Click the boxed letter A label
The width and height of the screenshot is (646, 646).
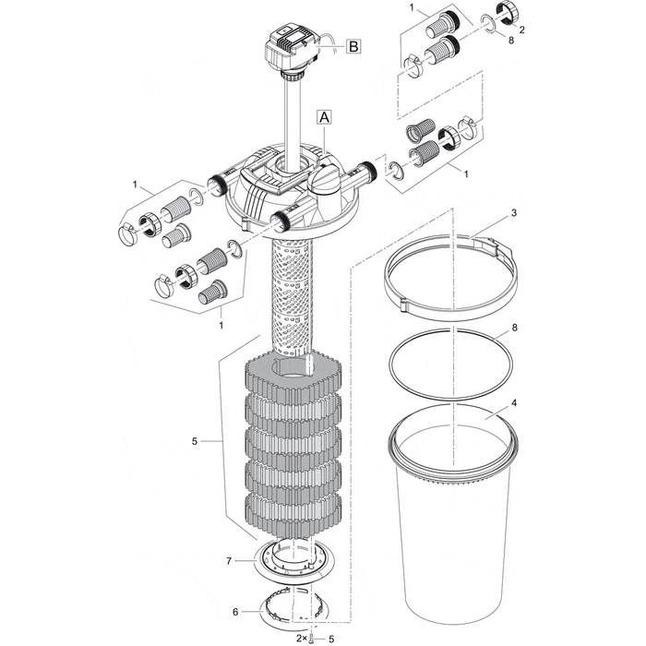pyautogui.click(x=323, y=116)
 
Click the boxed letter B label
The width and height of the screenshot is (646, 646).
pyautogui.click(x=354, y=45)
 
